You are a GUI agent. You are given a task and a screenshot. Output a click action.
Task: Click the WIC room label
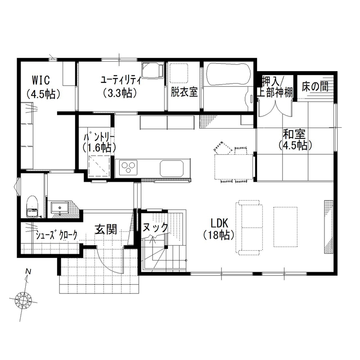tap(41, 80)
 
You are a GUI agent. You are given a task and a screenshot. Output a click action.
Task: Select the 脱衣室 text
tap(184, 91)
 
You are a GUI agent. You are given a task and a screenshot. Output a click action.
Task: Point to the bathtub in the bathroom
tap(227, 74)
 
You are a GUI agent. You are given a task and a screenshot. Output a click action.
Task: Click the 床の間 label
tap(315, 87)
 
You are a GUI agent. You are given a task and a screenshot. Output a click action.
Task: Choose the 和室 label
tap(294, 133)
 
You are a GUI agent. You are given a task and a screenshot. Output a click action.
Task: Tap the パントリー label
tap(99, 137)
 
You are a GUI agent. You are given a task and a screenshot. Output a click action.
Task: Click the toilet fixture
tap(32, 207)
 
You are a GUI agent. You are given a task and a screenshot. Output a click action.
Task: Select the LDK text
tap(221, 223)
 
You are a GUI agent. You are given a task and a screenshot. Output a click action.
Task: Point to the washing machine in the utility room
tap(153, 70)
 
